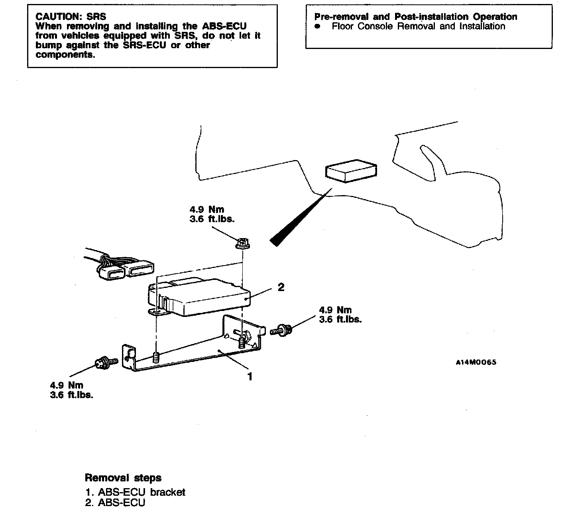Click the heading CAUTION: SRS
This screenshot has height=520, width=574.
71,17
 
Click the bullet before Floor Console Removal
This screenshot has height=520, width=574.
317,27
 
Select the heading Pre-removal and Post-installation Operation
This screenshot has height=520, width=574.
415,17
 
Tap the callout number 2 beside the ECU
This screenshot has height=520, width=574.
281,287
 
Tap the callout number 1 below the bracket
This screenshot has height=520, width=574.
250,376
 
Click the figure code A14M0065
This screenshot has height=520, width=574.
476,362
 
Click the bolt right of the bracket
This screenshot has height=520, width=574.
281,330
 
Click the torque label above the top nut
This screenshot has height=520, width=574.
212,214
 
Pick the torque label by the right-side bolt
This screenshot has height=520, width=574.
340,315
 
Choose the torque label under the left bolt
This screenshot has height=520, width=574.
71,390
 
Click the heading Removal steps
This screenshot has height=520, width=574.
123,478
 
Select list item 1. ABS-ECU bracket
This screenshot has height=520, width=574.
135,493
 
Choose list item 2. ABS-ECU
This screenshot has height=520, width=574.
115,503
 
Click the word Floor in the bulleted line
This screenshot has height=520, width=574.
343,26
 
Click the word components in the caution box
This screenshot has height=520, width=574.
65,55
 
